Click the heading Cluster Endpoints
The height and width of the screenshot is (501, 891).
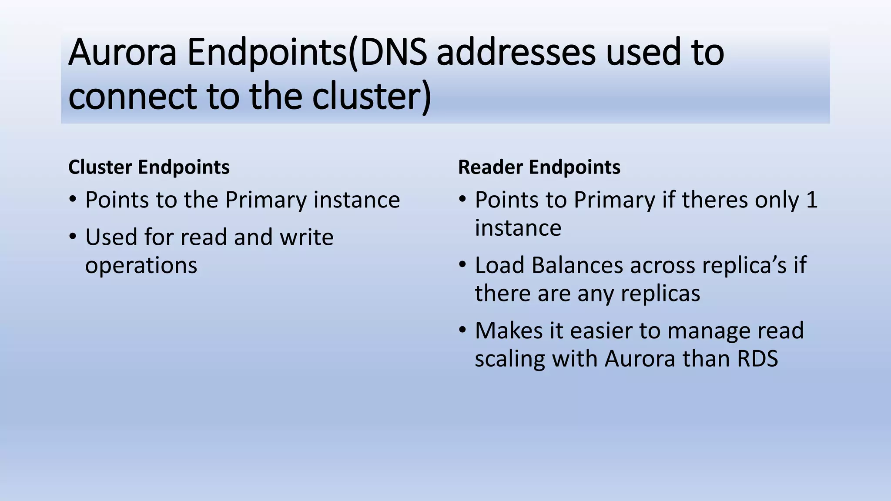pos(149,167)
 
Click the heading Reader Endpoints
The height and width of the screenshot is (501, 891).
pos(539,167)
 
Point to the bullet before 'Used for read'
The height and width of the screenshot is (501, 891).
pos(73,237)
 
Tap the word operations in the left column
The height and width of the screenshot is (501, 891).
pos(141,265)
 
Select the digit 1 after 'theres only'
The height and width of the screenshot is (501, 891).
pos(811,200)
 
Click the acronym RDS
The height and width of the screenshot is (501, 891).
pos(757,359)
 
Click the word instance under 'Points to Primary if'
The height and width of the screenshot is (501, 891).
pos(518,228)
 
